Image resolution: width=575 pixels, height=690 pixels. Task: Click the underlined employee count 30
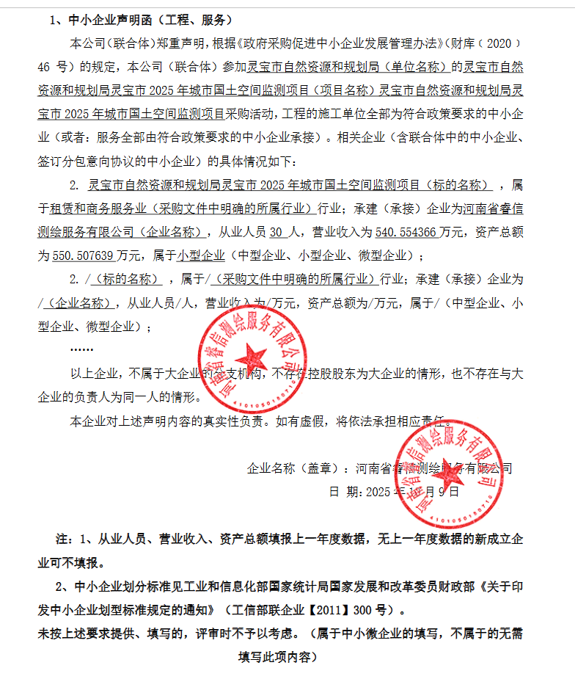pos(276,232)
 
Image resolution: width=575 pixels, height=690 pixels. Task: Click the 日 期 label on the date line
pos(344,491)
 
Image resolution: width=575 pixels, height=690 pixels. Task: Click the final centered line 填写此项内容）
pos(277,656)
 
